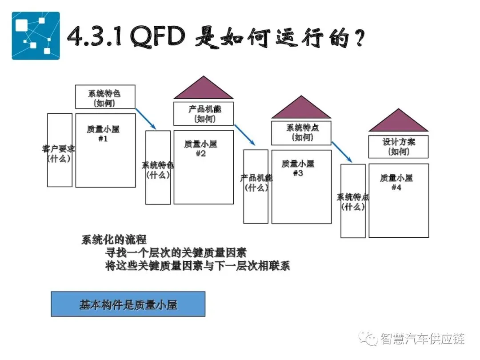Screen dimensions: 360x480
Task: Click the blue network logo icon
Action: pos(36,36)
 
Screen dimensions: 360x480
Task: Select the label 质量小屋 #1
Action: pos(103,134)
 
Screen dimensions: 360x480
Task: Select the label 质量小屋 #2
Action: pos(201,149)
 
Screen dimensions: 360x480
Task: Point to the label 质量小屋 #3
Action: pos(298,168)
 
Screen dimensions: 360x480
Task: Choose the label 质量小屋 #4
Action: pos(396,183)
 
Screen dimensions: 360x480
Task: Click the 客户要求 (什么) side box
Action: pos(60,150)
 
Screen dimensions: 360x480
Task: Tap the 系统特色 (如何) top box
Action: pos(105,97)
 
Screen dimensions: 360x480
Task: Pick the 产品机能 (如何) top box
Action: pos(204,113)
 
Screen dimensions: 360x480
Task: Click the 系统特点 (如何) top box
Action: pos(301,132)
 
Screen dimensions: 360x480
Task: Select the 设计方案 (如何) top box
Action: pos(399,147)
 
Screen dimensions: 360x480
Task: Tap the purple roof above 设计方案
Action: pos(399,122)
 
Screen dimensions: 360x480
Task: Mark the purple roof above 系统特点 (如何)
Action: pos(301,108)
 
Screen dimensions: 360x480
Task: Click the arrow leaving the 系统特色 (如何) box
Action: pos(145,118)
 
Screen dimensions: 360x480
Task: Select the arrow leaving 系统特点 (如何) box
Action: pos(342,152)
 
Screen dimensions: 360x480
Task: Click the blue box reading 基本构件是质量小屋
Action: pos(128,304)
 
